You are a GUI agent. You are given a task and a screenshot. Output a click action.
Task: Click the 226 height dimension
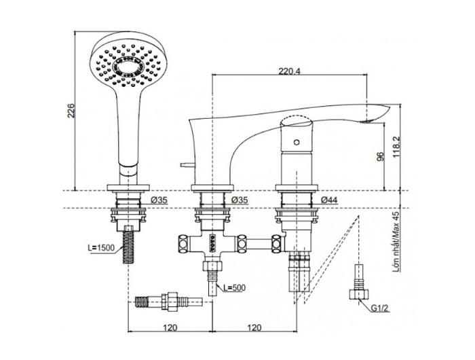71,111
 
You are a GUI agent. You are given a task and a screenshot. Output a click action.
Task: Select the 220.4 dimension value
289,70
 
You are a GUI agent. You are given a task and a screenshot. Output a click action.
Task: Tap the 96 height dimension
381,156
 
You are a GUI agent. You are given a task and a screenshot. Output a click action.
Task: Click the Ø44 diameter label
329,200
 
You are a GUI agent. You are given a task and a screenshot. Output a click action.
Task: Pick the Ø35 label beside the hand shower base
159,200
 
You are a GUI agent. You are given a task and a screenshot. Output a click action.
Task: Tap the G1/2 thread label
381,306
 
